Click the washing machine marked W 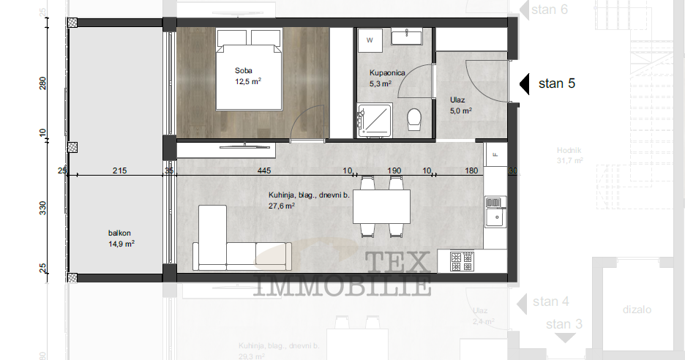click(370, 41)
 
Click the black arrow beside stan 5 click(524, 83)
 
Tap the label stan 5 click(556, 83)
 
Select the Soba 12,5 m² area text click(247, 76)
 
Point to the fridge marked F click(495, 154)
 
